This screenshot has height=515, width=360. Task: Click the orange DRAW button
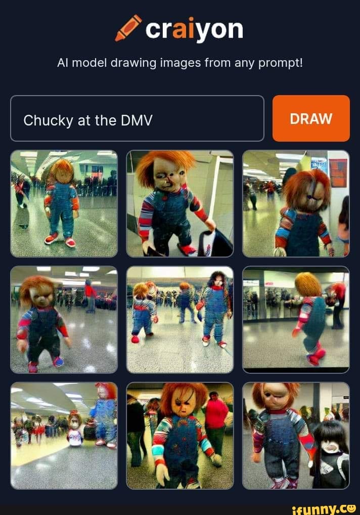click(311, 118)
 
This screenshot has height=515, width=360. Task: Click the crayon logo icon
click(128, 28)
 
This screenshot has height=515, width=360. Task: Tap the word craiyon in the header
click(194, 29)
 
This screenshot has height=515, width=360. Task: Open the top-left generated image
click(64, 203)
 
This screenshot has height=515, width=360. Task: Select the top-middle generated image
click(180, 203)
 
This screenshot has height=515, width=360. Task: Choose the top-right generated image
click(296, 203)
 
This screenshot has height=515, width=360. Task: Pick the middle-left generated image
click(64, 320)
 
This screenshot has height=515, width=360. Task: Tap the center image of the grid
click(180, 320)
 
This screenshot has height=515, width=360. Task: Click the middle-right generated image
click(296, 320)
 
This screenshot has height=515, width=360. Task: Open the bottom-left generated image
click(64, 436)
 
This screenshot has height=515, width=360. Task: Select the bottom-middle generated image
click(180, 436)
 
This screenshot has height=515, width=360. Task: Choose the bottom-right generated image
click(296, 436)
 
